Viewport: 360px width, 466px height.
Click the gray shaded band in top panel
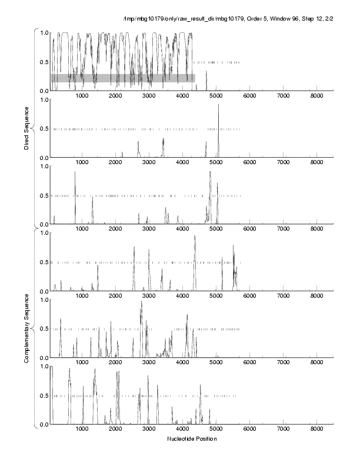(x=122, y=78)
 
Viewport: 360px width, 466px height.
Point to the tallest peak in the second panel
(x=218, y=105)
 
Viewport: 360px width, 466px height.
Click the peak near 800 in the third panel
(x=75, y=172)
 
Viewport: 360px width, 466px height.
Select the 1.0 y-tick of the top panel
(x=44, y=32)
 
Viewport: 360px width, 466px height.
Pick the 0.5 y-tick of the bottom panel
(x=44, y=395)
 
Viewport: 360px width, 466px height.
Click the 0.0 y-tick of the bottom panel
(x=44, y=424)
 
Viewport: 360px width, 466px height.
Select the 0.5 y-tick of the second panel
(x=44, y=129)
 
